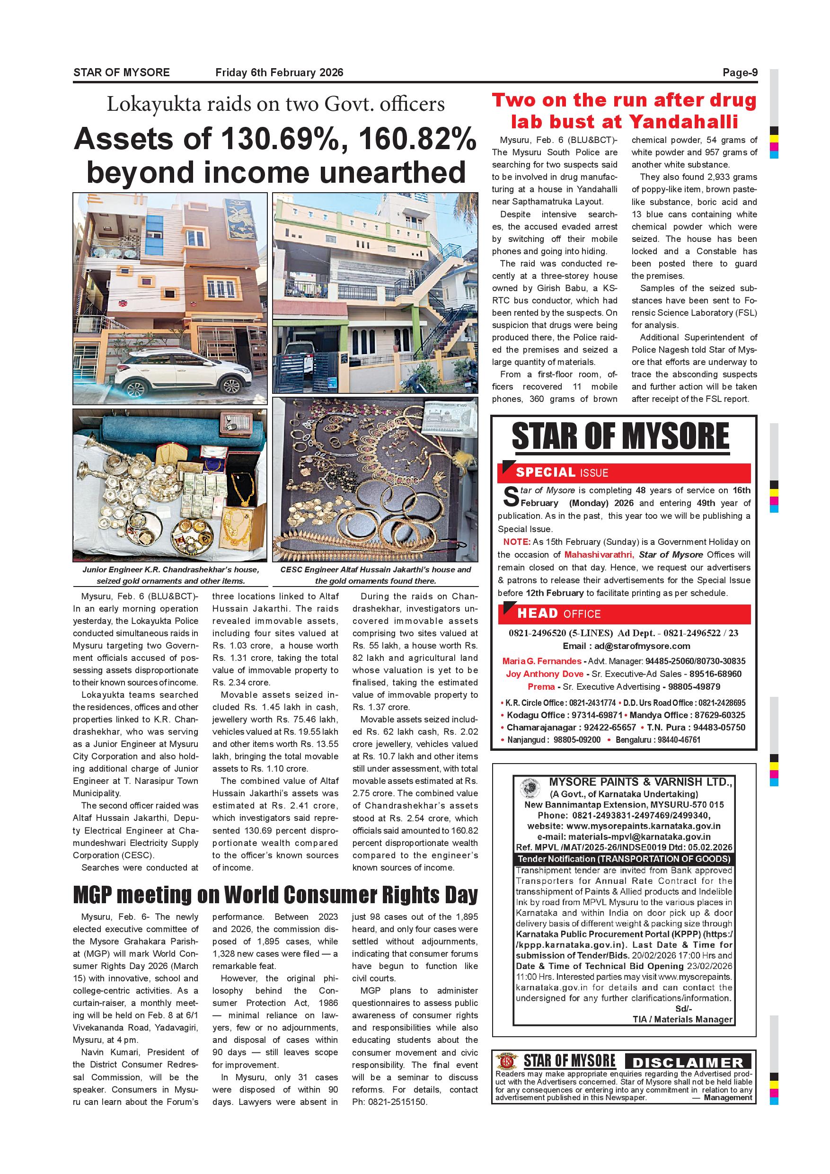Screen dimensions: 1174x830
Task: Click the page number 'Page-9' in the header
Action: tap(740, 72)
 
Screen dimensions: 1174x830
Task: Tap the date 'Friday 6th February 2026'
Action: tap(279, 72)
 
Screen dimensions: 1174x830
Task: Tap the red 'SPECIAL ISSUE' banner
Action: tap(624, 472)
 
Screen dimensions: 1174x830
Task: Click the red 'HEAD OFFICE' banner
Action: tap(624, 614)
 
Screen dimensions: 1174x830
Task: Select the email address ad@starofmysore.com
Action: tap(642, 646)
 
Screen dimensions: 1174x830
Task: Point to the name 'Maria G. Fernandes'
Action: tap(542, 661)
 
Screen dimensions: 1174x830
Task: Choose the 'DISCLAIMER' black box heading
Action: tap(688, 1063)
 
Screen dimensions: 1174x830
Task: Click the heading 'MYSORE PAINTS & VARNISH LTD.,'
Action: tap(641, 782)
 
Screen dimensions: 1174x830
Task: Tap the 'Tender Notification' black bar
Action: tap(624, 859)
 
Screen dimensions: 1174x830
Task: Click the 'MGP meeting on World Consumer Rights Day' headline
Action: tap(275, 895)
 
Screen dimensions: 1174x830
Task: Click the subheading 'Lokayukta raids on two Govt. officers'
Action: tap(275, 104)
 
